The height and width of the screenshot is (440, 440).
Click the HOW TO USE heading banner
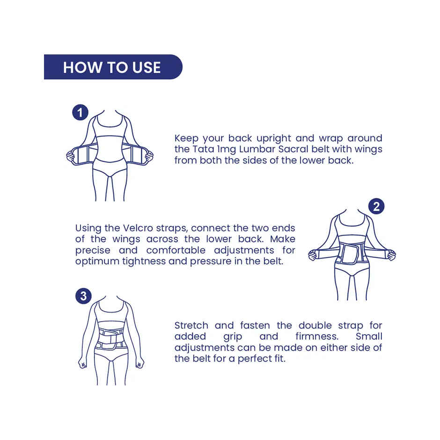pos(112,67)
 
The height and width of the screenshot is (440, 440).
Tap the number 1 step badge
pos(81,113)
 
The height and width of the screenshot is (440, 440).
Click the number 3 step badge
pos(83,296)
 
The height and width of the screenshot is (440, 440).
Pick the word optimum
pos(97,261)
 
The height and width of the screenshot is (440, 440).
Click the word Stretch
pos(191,325)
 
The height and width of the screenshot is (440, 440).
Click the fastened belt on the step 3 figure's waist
pos(111,339)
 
